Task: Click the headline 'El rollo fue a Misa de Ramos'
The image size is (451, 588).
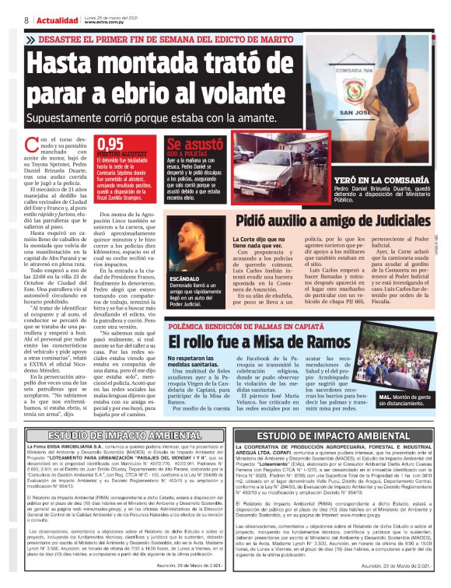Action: coord(249,341)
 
